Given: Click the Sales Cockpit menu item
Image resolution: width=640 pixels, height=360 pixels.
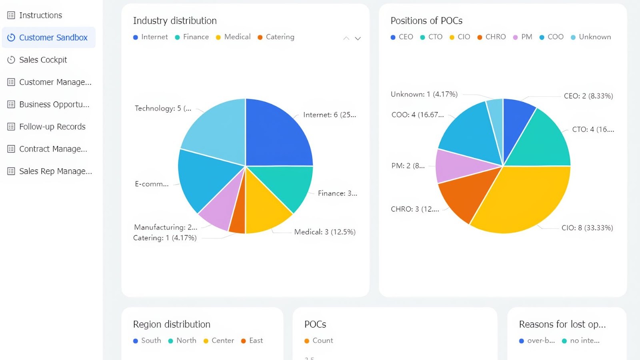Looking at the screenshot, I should pos(43,60).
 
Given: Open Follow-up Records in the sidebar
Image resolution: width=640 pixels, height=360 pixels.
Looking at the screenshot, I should pos(52,127).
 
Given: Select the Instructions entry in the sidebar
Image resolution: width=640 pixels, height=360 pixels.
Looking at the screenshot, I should pos(40,15).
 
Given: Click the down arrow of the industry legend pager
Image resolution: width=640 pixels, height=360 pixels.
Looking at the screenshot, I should pos(358,38).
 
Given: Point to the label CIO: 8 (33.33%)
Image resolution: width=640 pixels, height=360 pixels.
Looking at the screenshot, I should pos(587,228).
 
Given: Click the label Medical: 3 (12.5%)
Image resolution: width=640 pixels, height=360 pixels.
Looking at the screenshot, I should pos(324,232).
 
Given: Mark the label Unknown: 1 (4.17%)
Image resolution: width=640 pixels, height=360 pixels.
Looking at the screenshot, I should pos(424,94).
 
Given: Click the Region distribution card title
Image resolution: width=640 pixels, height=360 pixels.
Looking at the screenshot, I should pos(172,324).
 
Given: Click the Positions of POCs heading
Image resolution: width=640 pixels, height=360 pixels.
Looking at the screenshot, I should pos(426,21).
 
